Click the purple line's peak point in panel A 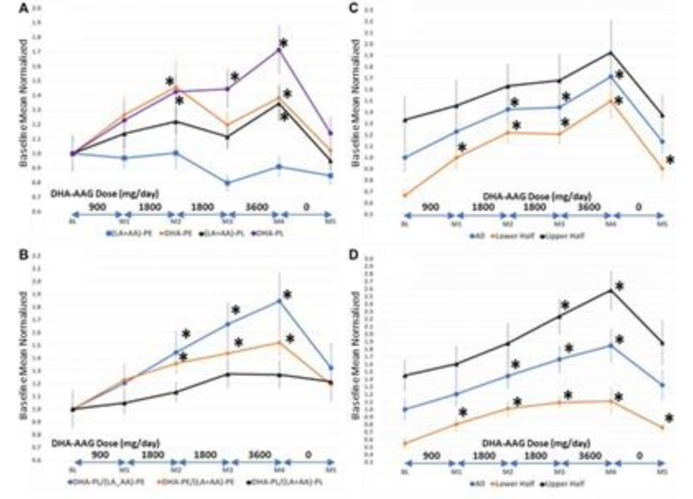click(x=278, y=49)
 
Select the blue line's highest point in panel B click(x=278, y=301)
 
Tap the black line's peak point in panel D click(x=611, y=290)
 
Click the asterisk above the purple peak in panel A click(x=284, y=43)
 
